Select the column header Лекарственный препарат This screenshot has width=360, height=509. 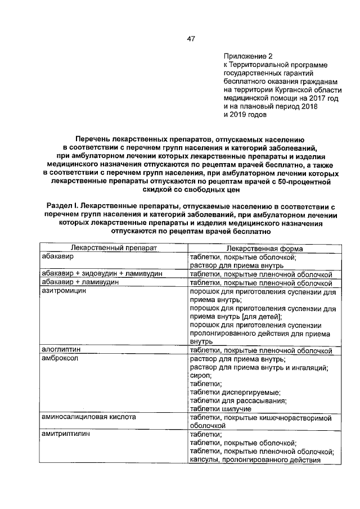(x=113, y=248)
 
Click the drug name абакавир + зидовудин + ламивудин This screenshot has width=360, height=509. (x=102, y=273)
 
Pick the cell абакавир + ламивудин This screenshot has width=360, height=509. (x=80, y=282)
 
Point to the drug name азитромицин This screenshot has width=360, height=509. (x=64, y=291)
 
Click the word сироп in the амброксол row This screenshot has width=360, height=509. (x=200, y=376)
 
